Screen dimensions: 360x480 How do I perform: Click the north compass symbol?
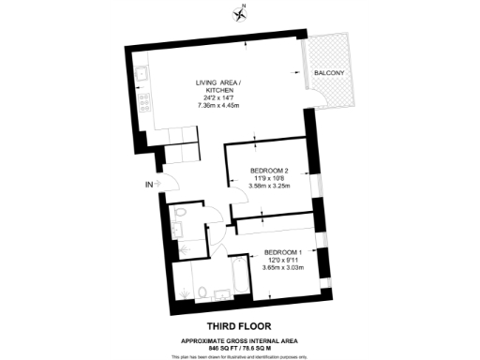(239, 12)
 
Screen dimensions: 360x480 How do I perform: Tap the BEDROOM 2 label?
(270, 171)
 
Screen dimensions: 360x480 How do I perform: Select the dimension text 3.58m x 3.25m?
(270, 186)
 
